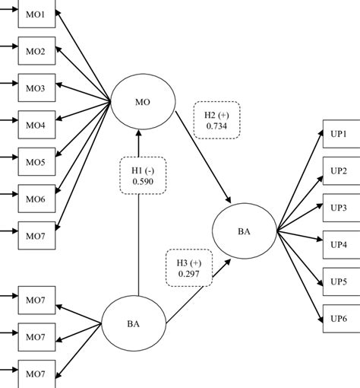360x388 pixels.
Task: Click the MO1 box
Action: point(37,15)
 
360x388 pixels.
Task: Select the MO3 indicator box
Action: point(37,88)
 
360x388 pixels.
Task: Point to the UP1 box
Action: point(339,135)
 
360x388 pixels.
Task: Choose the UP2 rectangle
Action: point(339,170)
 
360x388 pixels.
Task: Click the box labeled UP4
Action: point(339,244)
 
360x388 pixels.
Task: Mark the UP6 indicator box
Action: point(339,317)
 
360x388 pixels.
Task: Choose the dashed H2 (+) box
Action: point(216,119)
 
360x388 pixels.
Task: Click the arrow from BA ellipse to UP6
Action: point(300,275)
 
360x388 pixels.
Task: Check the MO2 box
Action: point(37,52)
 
